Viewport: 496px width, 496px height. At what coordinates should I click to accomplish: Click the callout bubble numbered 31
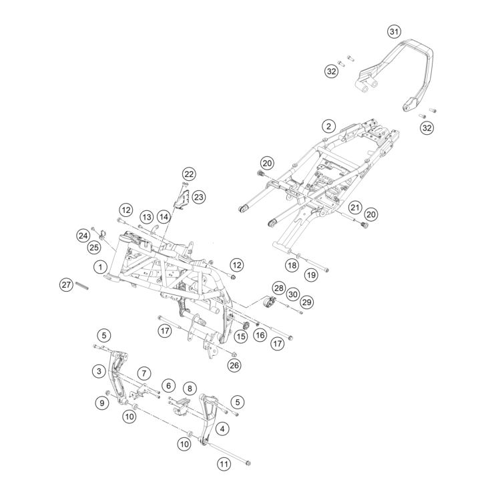(x=394, y=31)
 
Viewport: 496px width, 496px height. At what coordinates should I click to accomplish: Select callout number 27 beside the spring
(x=66, y=284)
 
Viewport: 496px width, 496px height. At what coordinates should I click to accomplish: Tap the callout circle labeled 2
(x=328, y=127)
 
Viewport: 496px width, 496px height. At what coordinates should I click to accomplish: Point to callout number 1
(x=100, y=267)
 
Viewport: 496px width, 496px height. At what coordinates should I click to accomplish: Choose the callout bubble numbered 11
(x=224, y=465)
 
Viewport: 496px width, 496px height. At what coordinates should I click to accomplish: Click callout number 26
(x=234, y=365)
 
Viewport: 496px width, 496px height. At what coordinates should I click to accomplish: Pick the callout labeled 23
(x=199, y=197)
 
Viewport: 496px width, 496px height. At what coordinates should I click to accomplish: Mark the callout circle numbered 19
(x=311, y=275)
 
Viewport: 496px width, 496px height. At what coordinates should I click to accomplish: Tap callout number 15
(x=241, y=336)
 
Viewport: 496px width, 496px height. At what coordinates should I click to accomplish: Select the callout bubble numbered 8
(x=190, y=388)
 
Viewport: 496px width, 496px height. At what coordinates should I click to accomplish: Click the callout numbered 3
(x=99, y=370)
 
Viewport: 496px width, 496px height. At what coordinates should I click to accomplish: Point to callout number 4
(x=222, y=429)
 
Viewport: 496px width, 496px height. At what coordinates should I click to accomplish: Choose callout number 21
(x=355, y=208)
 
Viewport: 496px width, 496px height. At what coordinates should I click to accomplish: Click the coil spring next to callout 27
(x=81, y=285)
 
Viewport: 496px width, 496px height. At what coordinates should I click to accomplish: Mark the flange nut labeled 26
(x=234, y=354)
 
